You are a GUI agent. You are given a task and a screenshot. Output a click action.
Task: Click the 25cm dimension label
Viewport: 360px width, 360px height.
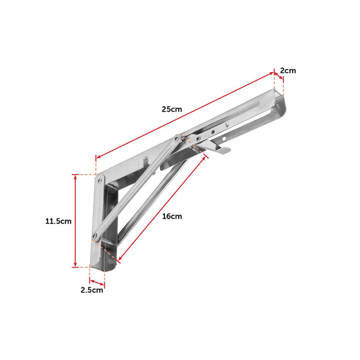click(172, 109)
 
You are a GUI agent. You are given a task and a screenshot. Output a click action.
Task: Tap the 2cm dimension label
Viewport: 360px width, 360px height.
click(289, 70)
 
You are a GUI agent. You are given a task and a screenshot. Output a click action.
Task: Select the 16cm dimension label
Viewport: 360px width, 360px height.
click(172, 216)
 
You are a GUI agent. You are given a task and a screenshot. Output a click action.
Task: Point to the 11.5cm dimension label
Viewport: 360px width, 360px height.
click(58, 221)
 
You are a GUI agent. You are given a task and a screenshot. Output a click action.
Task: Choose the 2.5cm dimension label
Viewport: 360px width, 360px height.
click(92, 290)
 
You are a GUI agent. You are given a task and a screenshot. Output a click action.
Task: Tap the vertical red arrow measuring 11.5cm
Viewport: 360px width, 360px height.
click(75, 221)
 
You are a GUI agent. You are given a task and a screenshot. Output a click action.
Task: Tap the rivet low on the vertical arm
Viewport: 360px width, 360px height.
click(95, 235)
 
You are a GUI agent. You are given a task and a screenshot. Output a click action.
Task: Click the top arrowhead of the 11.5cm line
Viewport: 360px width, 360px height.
click(75, 176)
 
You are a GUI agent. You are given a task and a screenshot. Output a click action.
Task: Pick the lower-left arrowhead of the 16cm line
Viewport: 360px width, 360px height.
click(119, 260)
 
